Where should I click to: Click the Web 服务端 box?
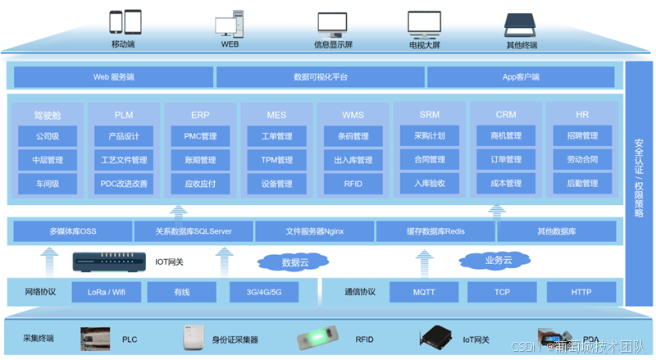(113, 77)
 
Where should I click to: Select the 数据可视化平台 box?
(320, 77)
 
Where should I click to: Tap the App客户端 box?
(520, 77)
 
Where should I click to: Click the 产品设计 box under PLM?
(123, 136)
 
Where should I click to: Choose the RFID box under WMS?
(353, 184)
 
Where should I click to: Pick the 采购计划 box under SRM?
(430, 136)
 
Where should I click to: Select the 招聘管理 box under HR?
(581, 136)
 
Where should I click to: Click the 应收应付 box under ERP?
(199, 184)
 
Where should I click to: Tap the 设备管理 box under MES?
(276, 184)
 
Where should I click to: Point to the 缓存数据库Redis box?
(435, 231)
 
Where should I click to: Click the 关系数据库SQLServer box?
(194, 231)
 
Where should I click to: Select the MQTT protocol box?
(424, 291)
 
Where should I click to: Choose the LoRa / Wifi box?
(106, 291)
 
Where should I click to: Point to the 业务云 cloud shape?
(494, 262)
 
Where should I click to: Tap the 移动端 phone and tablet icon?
(125, 23)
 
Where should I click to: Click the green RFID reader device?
(320, 337)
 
